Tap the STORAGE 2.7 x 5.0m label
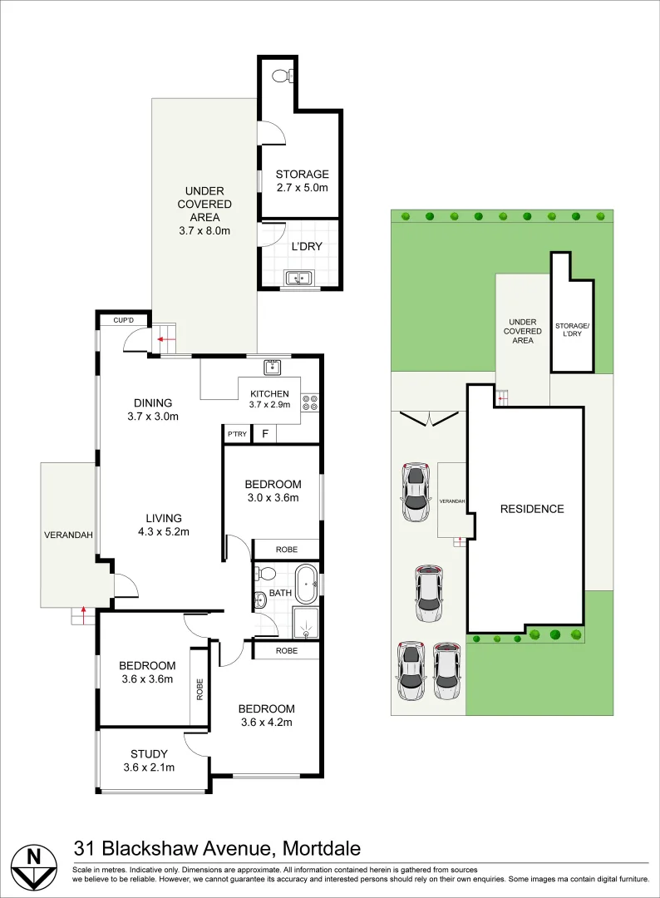tap(303, 180)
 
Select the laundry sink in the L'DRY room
tap(298, 278)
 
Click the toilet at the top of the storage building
tap(282, 75)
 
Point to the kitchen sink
tap(272, 367)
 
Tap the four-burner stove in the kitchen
tap(310, 402)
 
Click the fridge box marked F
tap(265, 433)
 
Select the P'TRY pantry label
tap(237, 434)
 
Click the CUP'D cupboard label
tap(123, 320)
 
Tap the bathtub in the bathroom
tap(306, 584)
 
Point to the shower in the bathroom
tap(306, 623)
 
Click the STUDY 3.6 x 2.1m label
tap(149, 761)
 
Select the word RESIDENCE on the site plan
tap(532, 509)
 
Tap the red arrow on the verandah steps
tap(84, 615)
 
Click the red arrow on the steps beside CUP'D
tap(166, 339)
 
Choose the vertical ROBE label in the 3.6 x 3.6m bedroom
tap(199, 689)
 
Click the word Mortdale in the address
tap(323, 848)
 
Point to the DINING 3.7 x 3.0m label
tap(153, 409)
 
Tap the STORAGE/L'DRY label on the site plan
tap(572, 330)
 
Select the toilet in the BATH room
tap(265, 573)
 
